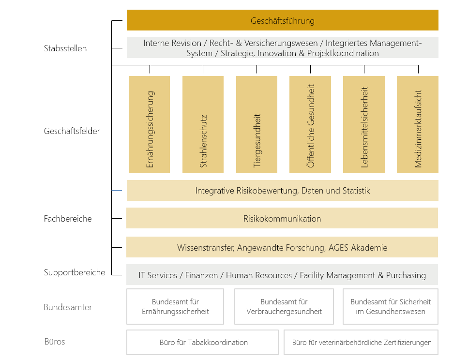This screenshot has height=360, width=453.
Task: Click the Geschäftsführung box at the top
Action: pos(282,20)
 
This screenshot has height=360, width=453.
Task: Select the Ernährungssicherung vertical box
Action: pos(149,124)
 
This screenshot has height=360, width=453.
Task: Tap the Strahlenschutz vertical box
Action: pos(203,124)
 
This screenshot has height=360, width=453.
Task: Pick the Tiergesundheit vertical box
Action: pos(257,124)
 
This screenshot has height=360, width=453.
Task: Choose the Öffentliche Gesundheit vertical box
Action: pos(310,124)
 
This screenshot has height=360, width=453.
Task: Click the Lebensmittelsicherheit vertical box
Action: pos(364,124)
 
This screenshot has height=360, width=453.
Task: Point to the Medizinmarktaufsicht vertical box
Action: pos(418,124)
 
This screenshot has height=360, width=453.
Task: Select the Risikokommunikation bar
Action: pos(282,218)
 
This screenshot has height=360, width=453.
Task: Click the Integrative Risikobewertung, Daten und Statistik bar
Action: pos(282,190)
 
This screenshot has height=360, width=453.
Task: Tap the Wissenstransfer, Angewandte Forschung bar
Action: pos(282,247)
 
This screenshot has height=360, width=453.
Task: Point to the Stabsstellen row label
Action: pos(65,48)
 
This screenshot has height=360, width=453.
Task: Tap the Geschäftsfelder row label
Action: pos(72,131)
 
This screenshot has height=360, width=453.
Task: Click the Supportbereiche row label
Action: pos(75,272)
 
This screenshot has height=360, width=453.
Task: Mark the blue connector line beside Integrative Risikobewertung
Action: pos(117,190)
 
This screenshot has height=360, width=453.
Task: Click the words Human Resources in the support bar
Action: pos(259,275)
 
